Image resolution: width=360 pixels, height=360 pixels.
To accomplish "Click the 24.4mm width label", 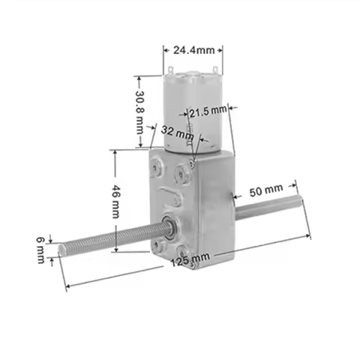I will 193,51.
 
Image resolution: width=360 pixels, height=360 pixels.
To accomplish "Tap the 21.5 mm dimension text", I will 208,111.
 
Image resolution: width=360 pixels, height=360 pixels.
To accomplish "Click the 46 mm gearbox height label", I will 115,200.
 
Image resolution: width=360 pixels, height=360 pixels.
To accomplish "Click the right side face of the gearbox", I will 214,199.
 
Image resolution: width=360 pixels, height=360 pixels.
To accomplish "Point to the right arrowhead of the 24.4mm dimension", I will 221,51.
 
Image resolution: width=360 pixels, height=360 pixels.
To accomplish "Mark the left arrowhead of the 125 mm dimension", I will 67,286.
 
